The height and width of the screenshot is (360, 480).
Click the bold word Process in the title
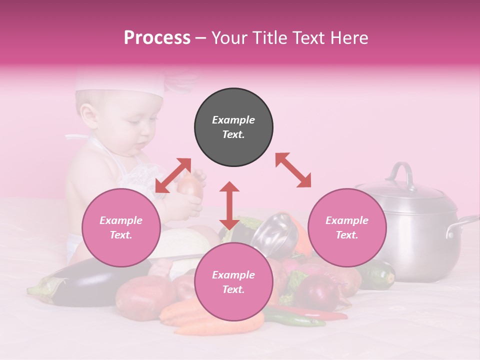157,38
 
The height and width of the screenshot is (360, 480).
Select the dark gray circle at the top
233,127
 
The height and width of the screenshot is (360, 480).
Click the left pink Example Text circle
121,227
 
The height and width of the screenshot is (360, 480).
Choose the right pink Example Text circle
347,227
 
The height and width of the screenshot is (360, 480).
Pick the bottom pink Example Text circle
233,282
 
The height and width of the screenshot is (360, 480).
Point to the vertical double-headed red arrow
229,205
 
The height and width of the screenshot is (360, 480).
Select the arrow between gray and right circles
293,170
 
